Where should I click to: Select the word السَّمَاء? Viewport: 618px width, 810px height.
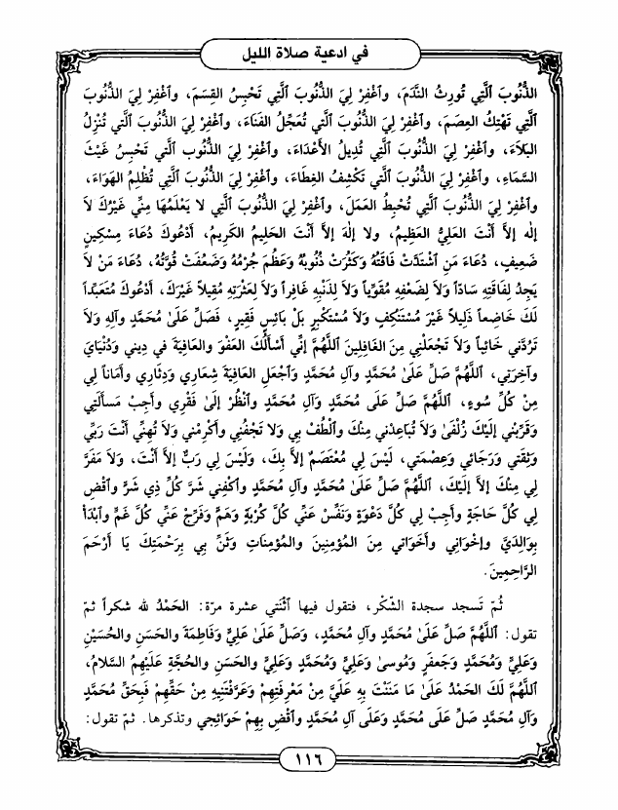click(559, 181)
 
